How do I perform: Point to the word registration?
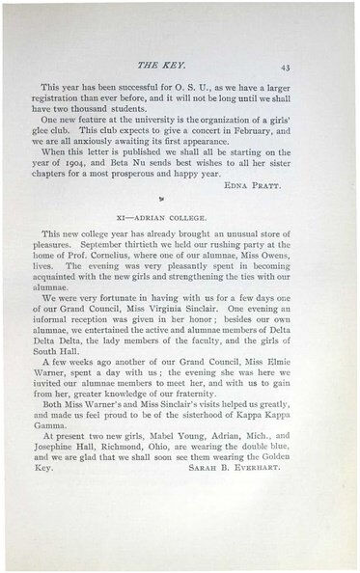pyautogui.click(x=74, y=110)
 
